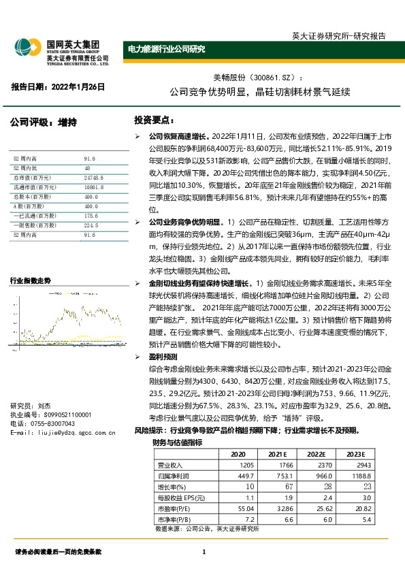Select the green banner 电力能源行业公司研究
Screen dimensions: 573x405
[x=167, y=49]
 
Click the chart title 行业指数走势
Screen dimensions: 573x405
[x=30, y=280]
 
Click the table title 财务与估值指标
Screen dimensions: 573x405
[x=176, y=442]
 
